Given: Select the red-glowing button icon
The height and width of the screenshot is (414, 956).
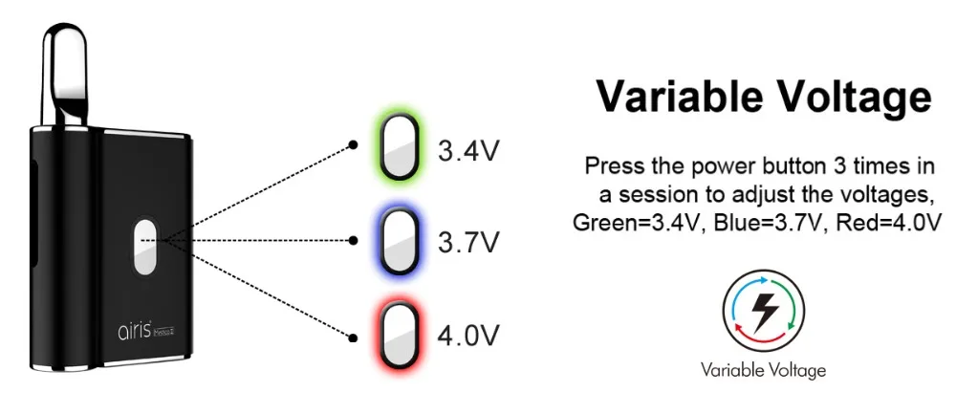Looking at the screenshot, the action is [x=396, y=338].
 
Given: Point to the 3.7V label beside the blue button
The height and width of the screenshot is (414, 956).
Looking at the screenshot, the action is [x=468, y=243].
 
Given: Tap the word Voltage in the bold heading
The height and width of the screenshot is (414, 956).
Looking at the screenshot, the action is [x=851, y=96].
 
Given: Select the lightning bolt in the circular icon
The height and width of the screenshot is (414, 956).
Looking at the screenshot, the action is [x=763, y=308].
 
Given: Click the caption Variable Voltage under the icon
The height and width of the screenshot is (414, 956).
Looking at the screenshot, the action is [x=763, y=369].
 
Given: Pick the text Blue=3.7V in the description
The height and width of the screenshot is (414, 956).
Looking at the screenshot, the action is [x=767, y=223].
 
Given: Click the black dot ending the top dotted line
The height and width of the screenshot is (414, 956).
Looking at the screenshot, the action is [x=354, y=145].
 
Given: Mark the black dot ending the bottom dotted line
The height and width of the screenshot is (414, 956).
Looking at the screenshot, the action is [x=354, y=337].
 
